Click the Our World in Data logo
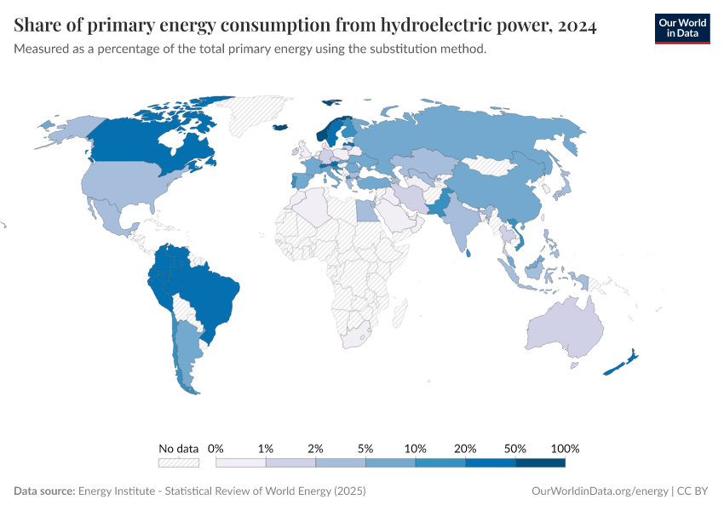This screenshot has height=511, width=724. click(x=681, y=28)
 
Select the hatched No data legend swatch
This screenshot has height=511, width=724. click(x=179, y=462)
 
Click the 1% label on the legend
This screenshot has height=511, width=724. click(x=266, y=448)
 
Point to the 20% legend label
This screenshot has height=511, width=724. click(x=466, y=448)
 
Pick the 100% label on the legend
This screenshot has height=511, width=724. click(x=565, y=448)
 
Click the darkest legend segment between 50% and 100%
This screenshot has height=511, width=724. click(x=540, y=462)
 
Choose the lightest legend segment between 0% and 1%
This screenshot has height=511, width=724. click(x=241, y=462)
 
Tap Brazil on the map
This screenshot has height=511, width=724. click(x=209, y=290)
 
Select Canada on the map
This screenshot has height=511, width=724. click(x=145, y=141)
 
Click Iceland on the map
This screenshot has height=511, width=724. click(x=280, y=128)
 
